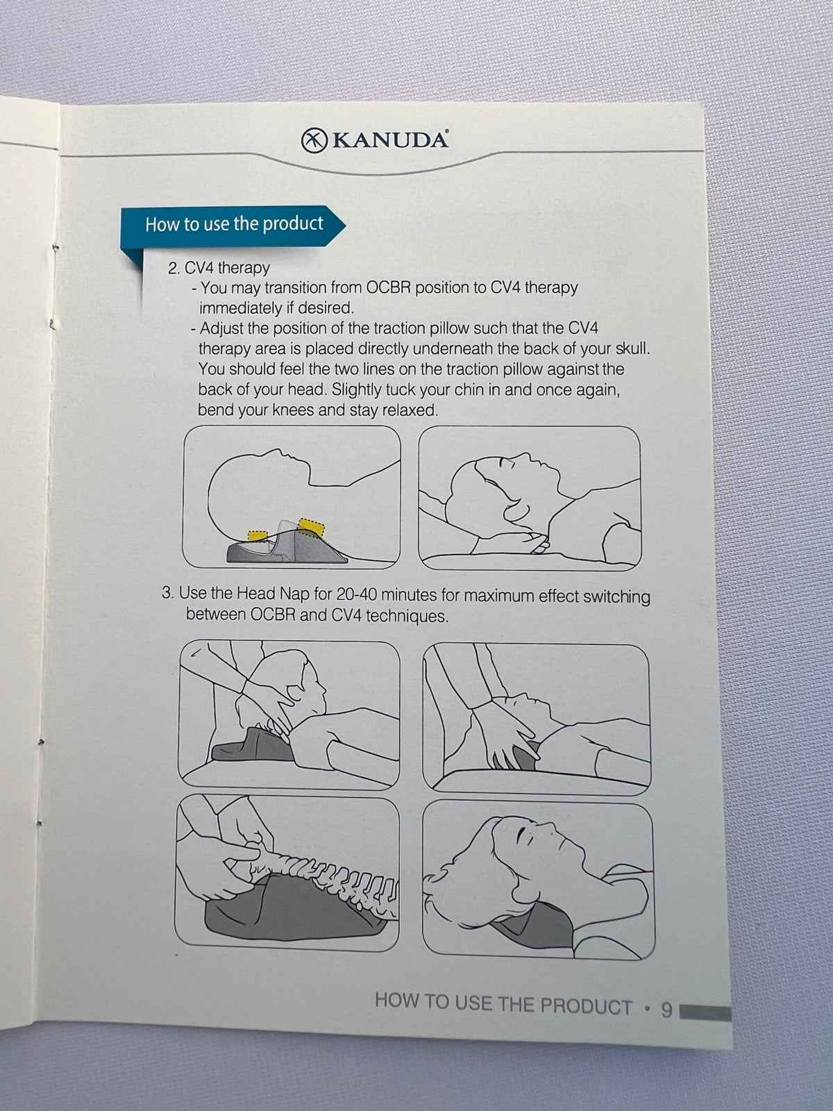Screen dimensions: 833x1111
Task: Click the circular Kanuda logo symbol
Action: pos(314,141)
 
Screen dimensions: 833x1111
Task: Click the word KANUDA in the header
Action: pos(389,140)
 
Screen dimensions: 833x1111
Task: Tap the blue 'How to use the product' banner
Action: pos(233,225)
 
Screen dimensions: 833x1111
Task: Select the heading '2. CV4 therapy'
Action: pos(219,268)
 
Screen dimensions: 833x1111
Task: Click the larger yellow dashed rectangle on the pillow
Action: pos(311,527)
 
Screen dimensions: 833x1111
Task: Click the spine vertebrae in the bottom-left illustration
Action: pos(323,879)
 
